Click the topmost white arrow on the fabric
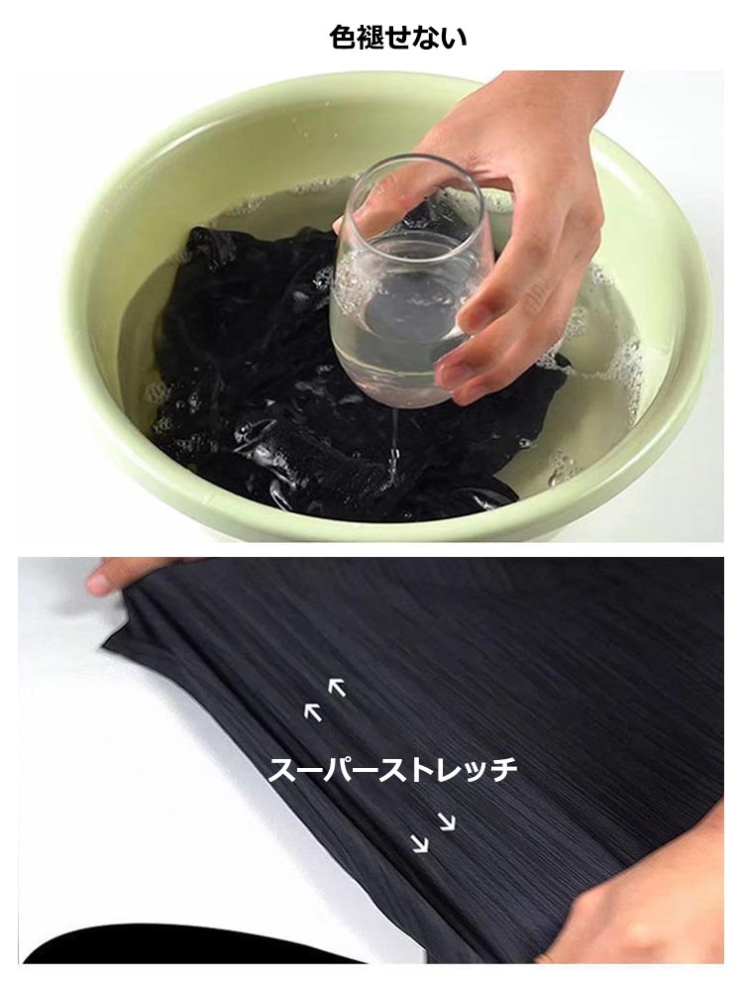tap(337, 688)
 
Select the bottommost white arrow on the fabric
tap(419, 843)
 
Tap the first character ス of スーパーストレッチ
tap(283, 770)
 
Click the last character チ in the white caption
tap(503, 770)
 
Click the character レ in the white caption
tap(449, 770)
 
